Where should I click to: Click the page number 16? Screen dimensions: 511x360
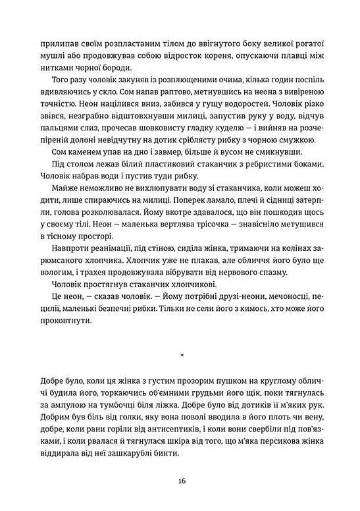pyautogui.click(x=180, y=480)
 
